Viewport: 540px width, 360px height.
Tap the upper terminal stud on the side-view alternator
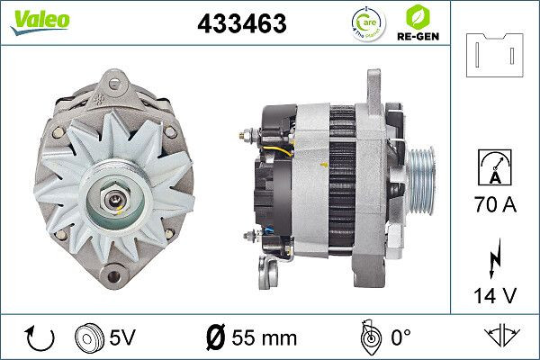click(249, 136)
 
